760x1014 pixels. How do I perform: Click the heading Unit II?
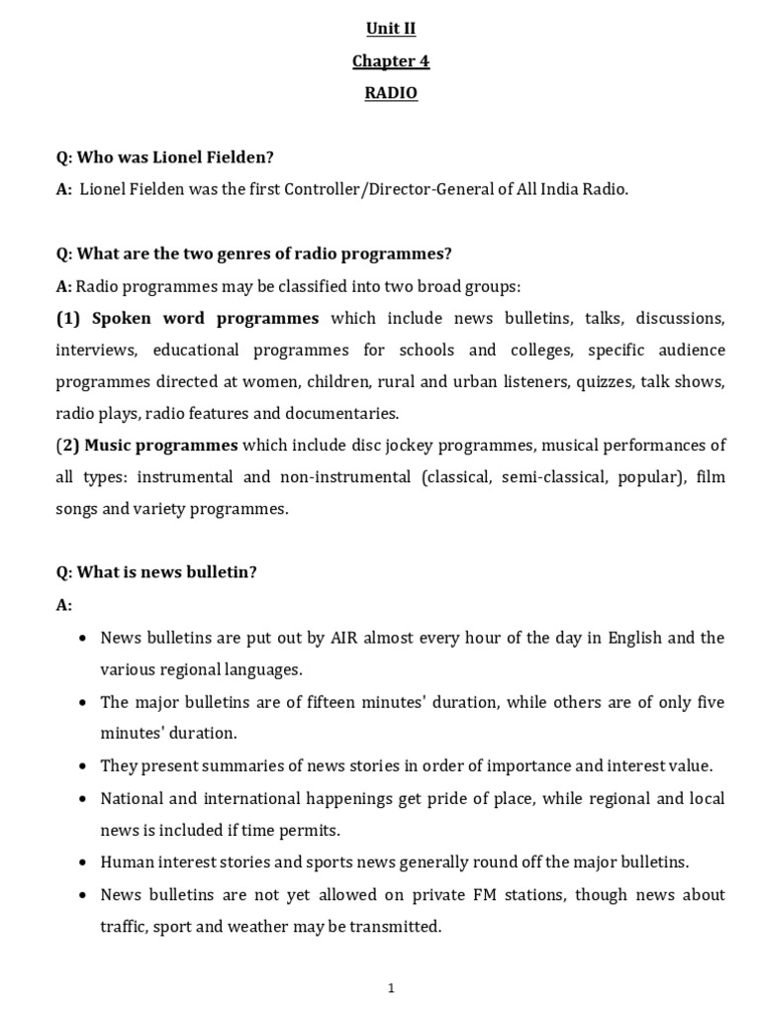coord(391,29)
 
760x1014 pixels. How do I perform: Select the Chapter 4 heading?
coord(391,61)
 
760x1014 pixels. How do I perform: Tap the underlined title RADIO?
coord(391,93)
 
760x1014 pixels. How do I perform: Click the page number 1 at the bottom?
coord(392,987)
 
